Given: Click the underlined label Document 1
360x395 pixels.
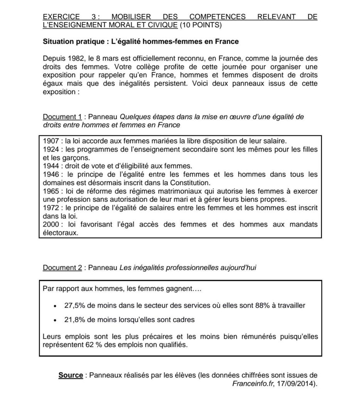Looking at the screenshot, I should click(63, 117).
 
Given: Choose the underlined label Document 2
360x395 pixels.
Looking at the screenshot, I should click(63, 267).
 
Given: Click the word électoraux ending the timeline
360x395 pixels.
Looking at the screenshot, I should click(61, 233).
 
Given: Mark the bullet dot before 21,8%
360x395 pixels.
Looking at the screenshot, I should click(56, 320).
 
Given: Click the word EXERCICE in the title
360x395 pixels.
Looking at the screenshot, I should click(61, 17).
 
